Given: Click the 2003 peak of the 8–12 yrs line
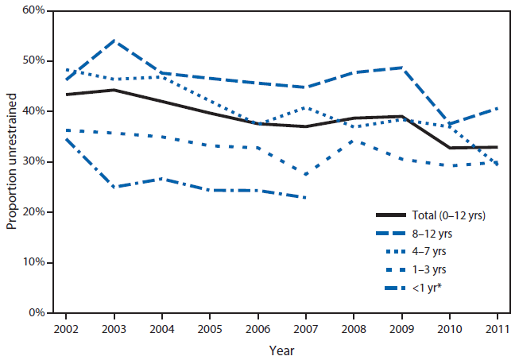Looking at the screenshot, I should (114, 40).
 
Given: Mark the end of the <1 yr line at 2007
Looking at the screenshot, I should (305, 198).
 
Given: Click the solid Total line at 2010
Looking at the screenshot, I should (450, 148).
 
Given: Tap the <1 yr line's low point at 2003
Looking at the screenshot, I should (114, 187).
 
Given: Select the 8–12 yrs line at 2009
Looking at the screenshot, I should (401, 68).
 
